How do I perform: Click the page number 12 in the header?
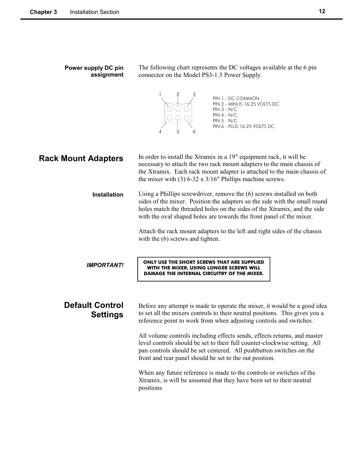[x=322, y=11]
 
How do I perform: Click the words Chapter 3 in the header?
[x=43, y=12]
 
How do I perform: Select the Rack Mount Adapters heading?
[x=81, y=158]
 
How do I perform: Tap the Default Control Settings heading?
[x=94, y=310]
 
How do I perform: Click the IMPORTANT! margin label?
[x=105, y=265]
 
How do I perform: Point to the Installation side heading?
[x=108, y=195]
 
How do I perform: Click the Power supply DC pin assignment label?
[x=94, y=71]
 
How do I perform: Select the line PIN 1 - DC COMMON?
[x=236, y=98]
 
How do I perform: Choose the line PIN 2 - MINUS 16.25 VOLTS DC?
[x=245, y=104]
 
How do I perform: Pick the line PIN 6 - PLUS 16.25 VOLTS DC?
[x=243, y=126]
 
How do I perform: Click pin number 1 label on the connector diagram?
[x=160, y=95]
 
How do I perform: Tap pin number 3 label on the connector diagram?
[x=194, y=95]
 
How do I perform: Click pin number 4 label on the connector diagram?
[x=160, y=132]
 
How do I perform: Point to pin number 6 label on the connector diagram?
[x=194, y=132]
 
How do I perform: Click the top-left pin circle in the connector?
[x=169, y=109]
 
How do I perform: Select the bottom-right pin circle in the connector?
[x=186, y=118]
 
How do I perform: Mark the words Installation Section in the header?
[x=94, y=12]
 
